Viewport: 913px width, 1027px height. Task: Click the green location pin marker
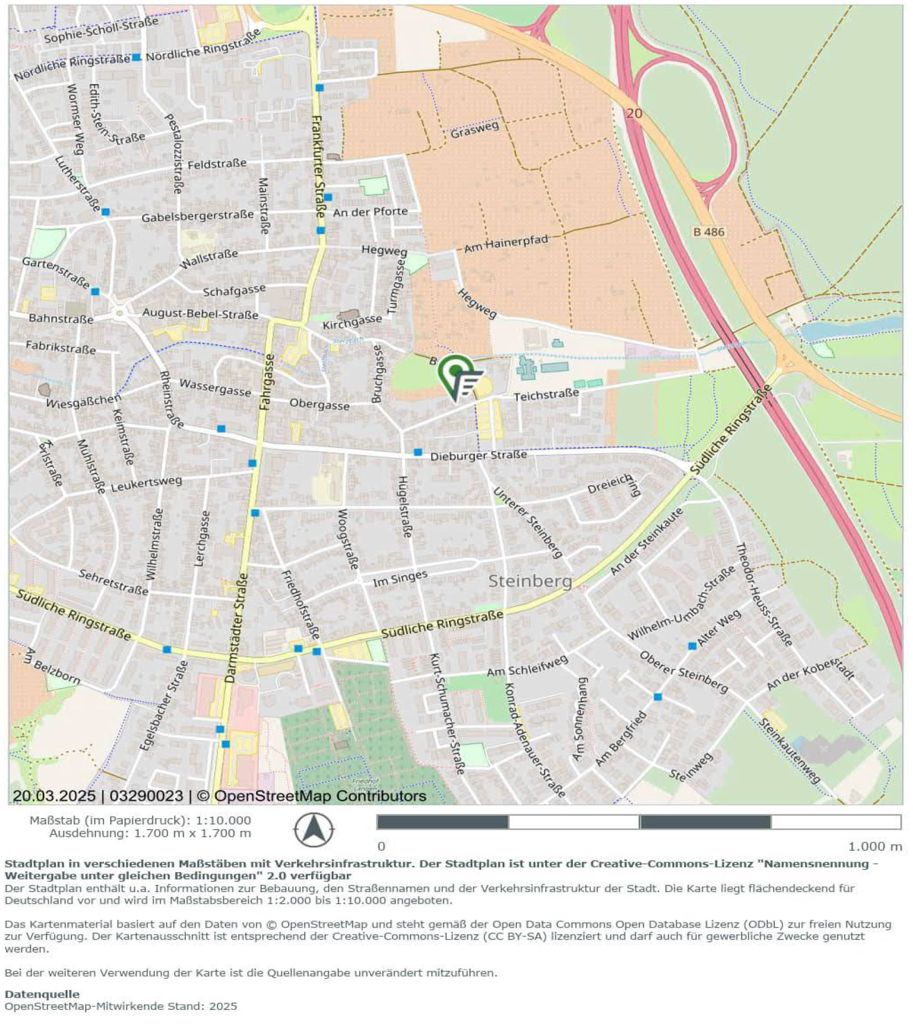tap(457, 375)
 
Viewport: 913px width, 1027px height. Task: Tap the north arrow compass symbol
tap(314, 830)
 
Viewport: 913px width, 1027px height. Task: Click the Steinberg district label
tap(530, 581)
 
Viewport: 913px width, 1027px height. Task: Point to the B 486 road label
tap(708, 232)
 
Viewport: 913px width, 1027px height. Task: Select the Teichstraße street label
tap(546, 395)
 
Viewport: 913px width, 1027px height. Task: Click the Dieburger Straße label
tap(478, 455)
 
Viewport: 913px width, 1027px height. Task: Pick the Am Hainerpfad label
tap(505, 244)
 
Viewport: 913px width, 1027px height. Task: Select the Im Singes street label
tap(400, 578)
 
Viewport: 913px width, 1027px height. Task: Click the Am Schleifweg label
tap(527, 667)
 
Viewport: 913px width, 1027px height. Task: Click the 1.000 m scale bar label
tap(875, 846)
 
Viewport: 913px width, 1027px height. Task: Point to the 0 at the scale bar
tap(381, 846)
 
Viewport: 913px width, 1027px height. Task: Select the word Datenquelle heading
tap(42, 994)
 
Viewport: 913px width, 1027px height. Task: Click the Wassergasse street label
tap(215, 387)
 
